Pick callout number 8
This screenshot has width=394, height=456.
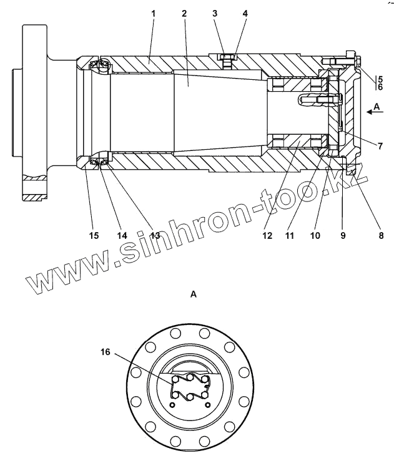tap(381, 236)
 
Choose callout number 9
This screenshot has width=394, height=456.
tap(342, 236)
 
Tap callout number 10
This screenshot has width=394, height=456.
tap(315, 236)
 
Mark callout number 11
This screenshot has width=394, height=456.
tap(288, 236)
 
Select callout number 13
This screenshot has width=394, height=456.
tap(154, 236)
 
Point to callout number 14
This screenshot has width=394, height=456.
tap(122, 236)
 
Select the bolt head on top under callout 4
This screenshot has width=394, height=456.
tap(227, 59)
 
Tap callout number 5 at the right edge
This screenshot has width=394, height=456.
tap(380, 79)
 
